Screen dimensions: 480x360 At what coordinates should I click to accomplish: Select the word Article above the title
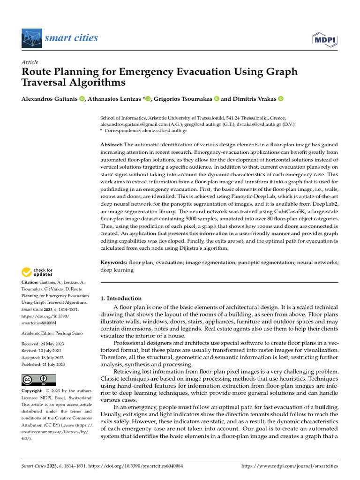coord(30,62)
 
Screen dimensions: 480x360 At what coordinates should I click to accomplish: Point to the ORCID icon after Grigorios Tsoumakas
coord(217,99)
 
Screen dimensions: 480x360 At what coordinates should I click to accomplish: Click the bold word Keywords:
coord(114,263)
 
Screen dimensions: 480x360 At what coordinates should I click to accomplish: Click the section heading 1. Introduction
coord(121,298)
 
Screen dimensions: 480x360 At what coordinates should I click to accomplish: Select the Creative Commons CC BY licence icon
coord(38,380)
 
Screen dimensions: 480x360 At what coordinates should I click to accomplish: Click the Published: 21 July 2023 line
coord(44,364)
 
